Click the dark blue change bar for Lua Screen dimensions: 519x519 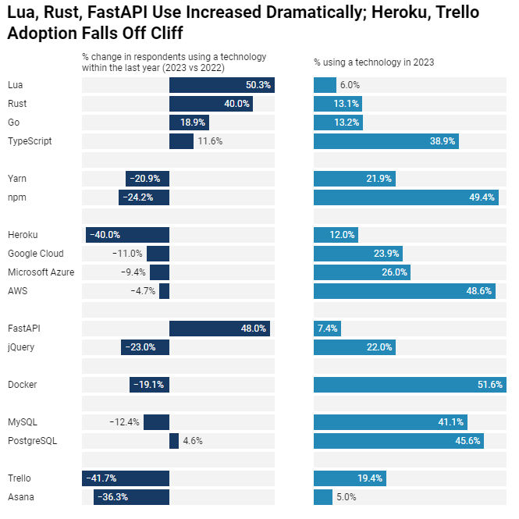pos(222,85)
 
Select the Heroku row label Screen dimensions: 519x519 pos(23,235)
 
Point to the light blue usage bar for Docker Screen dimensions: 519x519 pos(410,385)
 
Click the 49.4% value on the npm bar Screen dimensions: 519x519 pos(482,197)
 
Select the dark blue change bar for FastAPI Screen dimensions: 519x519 pos(219,329)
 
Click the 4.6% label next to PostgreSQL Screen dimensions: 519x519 pos(193,441)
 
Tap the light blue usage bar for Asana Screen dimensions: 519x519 pos(323,497)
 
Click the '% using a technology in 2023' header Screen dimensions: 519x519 pos(374,62)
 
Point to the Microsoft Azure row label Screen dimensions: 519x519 pos(41,272)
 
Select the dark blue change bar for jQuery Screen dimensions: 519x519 pos(145,347)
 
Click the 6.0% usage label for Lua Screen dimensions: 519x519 pos(350,85)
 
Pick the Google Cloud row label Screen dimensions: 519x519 pos(36,254)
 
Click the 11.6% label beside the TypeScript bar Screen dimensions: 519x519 pos(210,141)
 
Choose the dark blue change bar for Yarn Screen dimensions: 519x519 pos(148,179)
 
